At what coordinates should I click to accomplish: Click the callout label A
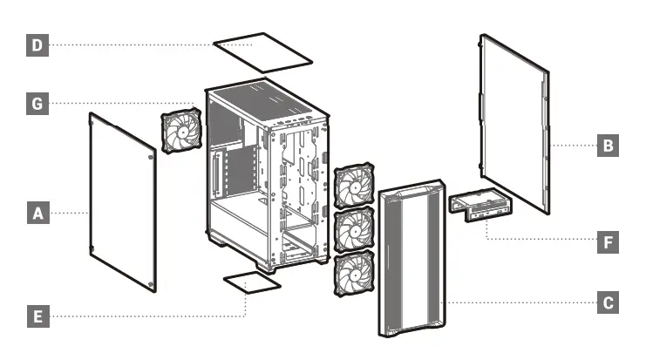(37, 212)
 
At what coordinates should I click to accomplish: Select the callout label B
(608, 145)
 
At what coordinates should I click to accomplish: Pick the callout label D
(37, 45)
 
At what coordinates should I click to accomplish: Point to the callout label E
(37, 316)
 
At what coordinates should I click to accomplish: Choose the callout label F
(608, 241)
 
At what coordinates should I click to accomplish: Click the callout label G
(37, 104)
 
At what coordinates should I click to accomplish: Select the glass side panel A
(122, 201)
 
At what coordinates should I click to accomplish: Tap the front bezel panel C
(410, 262)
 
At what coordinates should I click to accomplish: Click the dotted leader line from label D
(131, 45)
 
